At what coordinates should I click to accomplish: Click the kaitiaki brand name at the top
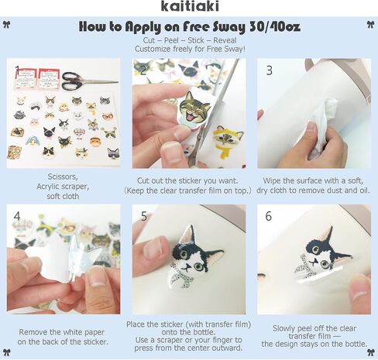click(190, 6)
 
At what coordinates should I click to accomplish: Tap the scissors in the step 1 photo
click(90, 81)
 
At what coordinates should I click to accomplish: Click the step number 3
click(269, 70)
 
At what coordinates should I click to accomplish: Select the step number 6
click(269, 216)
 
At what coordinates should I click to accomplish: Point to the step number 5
click(144, 216)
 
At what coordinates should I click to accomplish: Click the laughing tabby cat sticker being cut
click(194, 106)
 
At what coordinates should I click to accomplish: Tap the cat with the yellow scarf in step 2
click(227, 141)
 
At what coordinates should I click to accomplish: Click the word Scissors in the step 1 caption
click(63, 177)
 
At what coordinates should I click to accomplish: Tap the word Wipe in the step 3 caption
click(272, 180)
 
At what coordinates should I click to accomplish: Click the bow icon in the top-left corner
click(7, 25)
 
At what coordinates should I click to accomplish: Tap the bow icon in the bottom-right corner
click(371, 352)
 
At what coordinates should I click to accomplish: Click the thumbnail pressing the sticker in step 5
click(154, 249)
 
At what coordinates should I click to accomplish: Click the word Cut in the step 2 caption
click(143, 180)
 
